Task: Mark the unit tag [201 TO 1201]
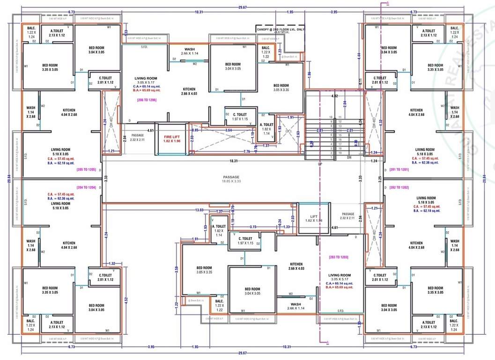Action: [399, 169]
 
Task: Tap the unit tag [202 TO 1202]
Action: [399, 187]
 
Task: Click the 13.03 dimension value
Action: [199, 210]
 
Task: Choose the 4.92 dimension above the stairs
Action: [334, 96]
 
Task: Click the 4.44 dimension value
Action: [359, 55]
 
